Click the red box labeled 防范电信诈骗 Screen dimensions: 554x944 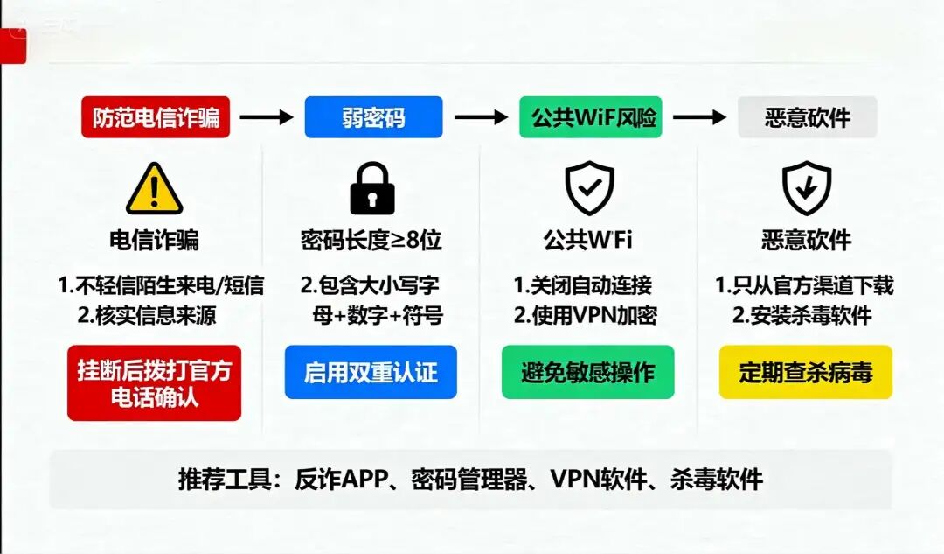point(156,117)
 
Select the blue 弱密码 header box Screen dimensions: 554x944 point(373,117)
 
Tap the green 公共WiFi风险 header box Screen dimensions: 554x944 point(591,117)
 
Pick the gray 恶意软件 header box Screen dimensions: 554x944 point(807,117)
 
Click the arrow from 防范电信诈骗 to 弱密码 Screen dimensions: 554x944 point(267,117)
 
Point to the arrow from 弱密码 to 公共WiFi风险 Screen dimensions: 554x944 point(482,117)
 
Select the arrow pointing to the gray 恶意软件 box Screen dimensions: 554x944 point(699,117)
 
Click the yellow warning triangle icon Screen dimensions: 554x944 point(154,188)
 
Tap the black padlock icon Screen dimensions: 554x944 point(372,188)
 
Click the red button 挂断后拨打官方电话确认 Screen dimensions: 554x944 point(154,383)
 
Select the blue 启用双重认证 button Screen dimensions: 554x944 point(371,373)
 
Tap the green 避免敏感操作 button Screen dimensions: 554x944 point(587,373)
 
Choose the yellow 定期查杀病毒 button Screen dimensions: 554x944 point(805,373)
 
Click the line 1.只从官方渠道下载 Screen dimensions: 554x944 point(804,285)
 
